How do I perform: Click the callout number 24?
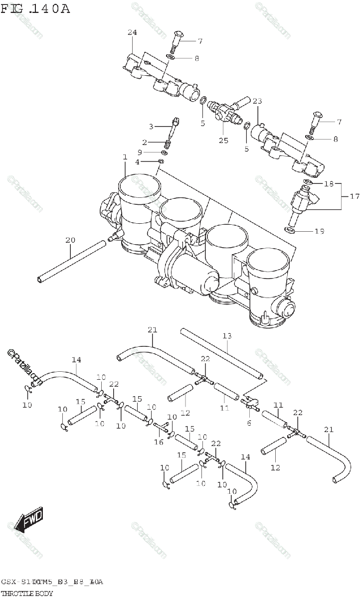click(x=132, y=33)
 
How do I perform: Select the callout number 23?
click(x=257, y=102)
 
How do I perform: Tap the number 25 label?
click(x=223, y=141)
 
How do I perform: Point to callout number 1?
click(x=124, y=157)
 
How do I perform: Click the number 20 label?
click(x=70, y=240)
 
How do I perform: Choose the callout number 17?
click(x=354, y=197)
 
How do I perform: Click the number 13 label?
click(x=227, y=336)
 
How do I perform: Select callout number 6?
click(x=249, y=423)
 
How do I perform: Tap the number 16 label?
click(x=158, y=442)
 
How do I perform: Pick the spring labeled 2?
click(x=168, y=144)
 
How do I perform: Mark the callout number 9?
click(x=140, y=152)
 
